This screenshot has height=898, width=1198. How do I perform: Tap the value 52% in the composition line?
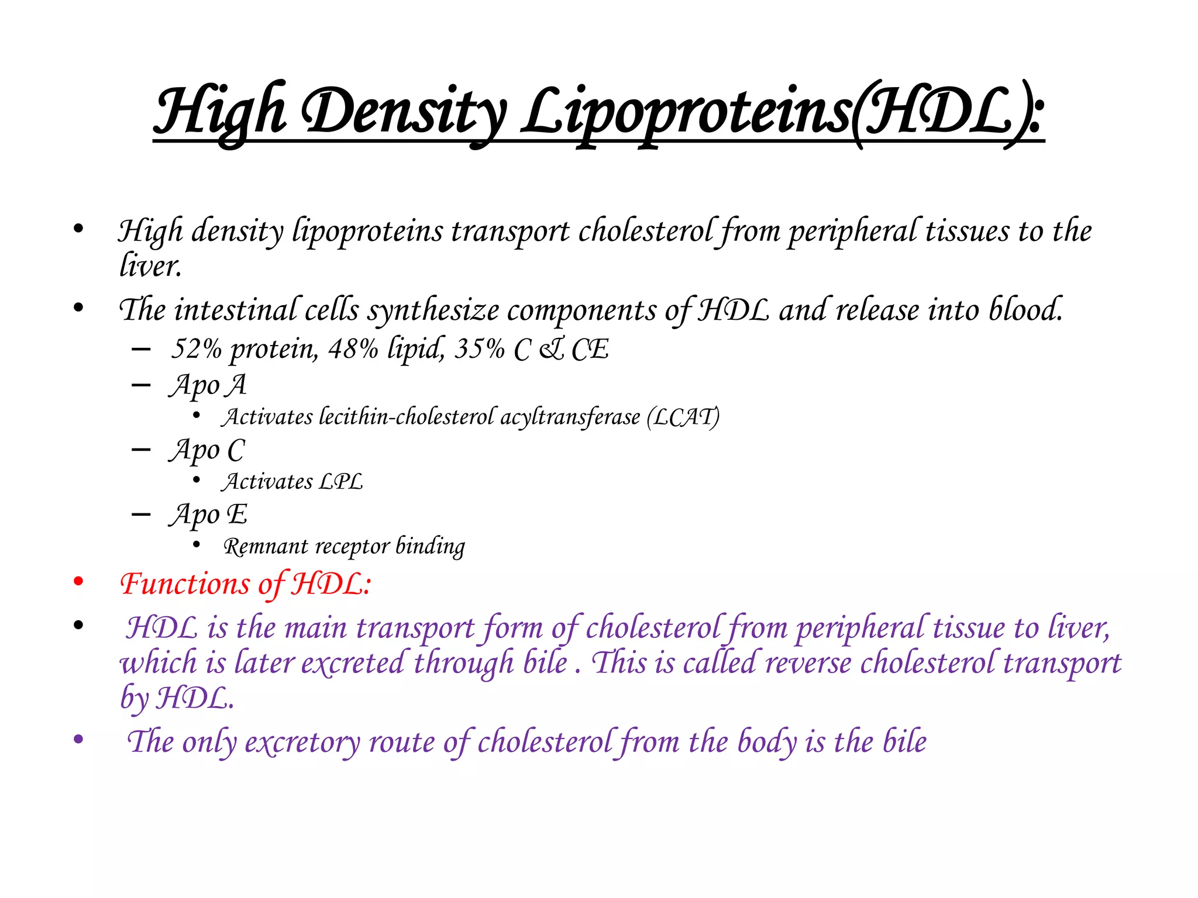tap(196, 349)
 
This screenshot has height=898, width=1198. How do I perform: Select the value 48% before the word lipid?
tap(353, 349)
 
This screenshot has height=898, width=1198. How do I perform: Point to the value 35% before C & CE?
tap(479, 349)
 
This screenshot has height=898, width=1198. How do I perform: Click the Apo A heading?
tap(208, 386)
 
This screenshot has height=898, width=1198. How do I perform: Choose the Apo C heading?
tap(207, 451)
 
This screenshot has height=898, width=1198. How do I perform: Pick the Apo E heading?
tap(208, 515)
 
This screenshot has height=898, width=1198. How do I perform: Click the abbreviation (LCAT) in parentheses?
tap(683, 417)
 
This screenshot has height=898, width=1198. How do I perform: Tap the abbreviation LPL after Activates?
tap(340, 482)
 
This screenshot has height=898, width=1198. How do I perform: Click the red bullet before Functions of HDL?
tap(78, 582)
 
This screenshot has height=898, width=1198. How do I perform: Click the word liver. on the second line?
tap(150, 266)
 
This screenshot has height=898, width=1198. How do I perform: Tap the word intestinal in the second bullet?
tap(235, 310)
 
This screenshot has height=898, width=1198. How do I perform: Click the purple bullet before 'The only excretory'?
tap(78, 740)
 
